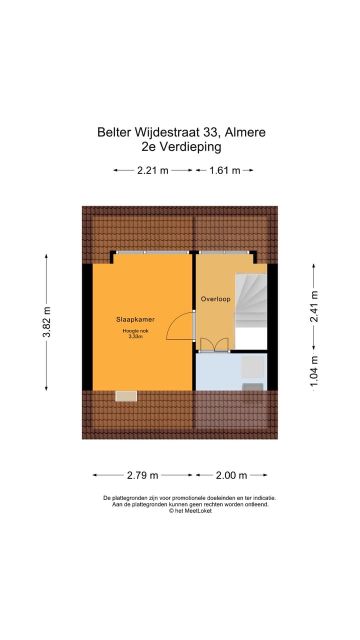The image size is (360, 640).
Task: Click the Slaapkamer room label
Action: pos(135,319)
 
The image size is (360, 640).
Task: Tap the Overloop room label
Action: pos(215,299)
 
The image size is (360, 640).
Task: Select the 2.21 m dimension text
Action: pos(152,170)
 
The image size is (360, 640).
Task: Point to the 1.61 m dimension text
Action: pos(224,170)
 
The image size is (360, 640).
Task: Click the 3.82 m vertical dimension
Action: pos(46,322)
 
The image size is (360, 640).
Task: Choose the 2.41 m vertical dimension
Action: pos(314,306)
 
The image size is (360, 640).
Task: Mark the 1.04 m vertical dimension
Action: pos(314,370)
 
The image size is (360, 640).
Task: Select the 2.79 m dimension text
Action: pos(142,475)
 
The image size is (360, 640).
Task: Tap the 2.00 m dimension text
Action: pos(231,475)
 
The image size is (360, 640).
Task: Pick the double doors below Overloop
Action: pos(214,345)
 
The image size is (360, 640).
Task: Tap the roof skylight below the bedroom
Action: pos(126,396)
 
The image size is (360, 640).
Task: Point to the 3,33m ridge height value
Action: pos(135,336)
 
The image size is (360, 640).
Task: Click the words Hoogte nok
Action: pos(135,330)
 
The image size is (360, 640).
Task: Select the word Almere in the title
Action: pos(245,132)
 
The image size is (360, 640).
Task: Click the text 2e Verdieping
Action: pos(181,147)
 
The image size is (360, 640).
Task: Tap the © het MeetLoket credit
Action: pos(190,511)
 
